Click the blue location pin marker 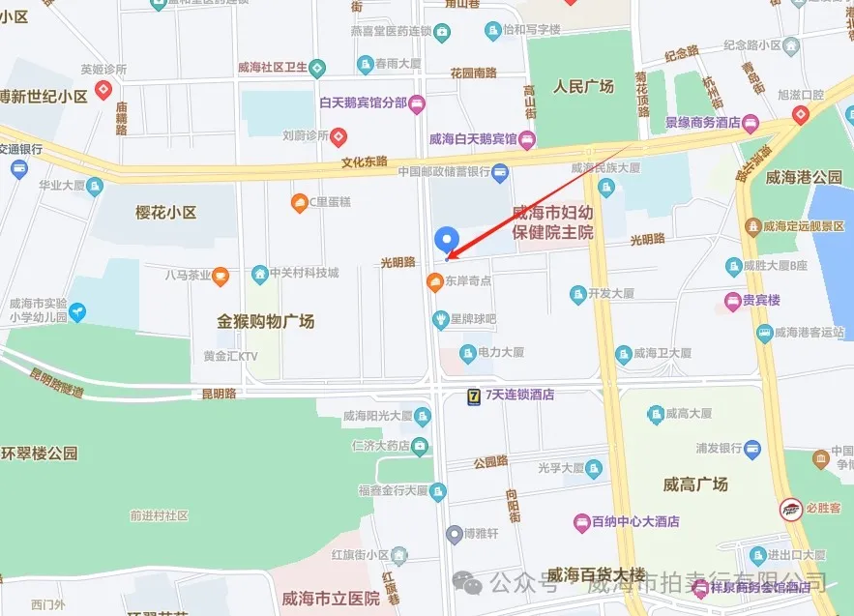(446, 238)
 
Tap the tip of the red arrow (448, 257)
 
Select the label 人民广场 (583, 86)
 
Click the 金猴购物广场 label (265, 320)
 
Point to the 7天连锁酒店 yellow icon (473, 394)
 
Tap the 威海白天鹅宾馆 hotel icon (527, 139)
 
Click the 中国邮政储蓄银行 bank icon (500, 172)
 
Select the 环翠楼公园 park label (39, 453)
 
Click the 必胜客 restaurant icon (790, 507)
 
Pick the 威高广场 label (695, 484)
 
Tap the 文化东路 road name (364, 161)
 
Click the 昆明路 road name (219, 394)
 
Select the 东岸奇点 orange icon (434, 281)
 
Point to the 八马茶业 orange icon (221, 275)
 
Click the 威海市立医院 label (324, 599)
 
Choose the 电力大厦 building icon (468, 353)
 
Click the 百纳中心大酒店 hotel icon (581, 521)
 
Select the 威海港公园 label (804, 177)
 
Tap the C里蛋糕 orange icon (299, 202)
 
